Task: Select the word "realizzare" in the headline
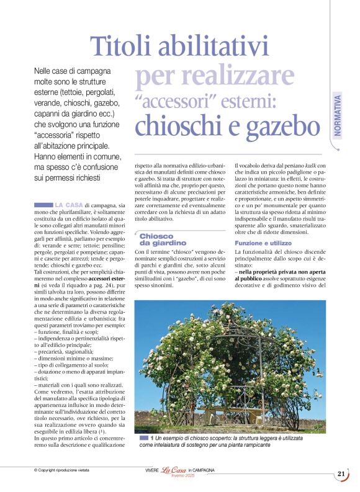(x=214, y=76)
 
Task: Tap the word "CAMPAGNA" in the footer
(x=203, y=470)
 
